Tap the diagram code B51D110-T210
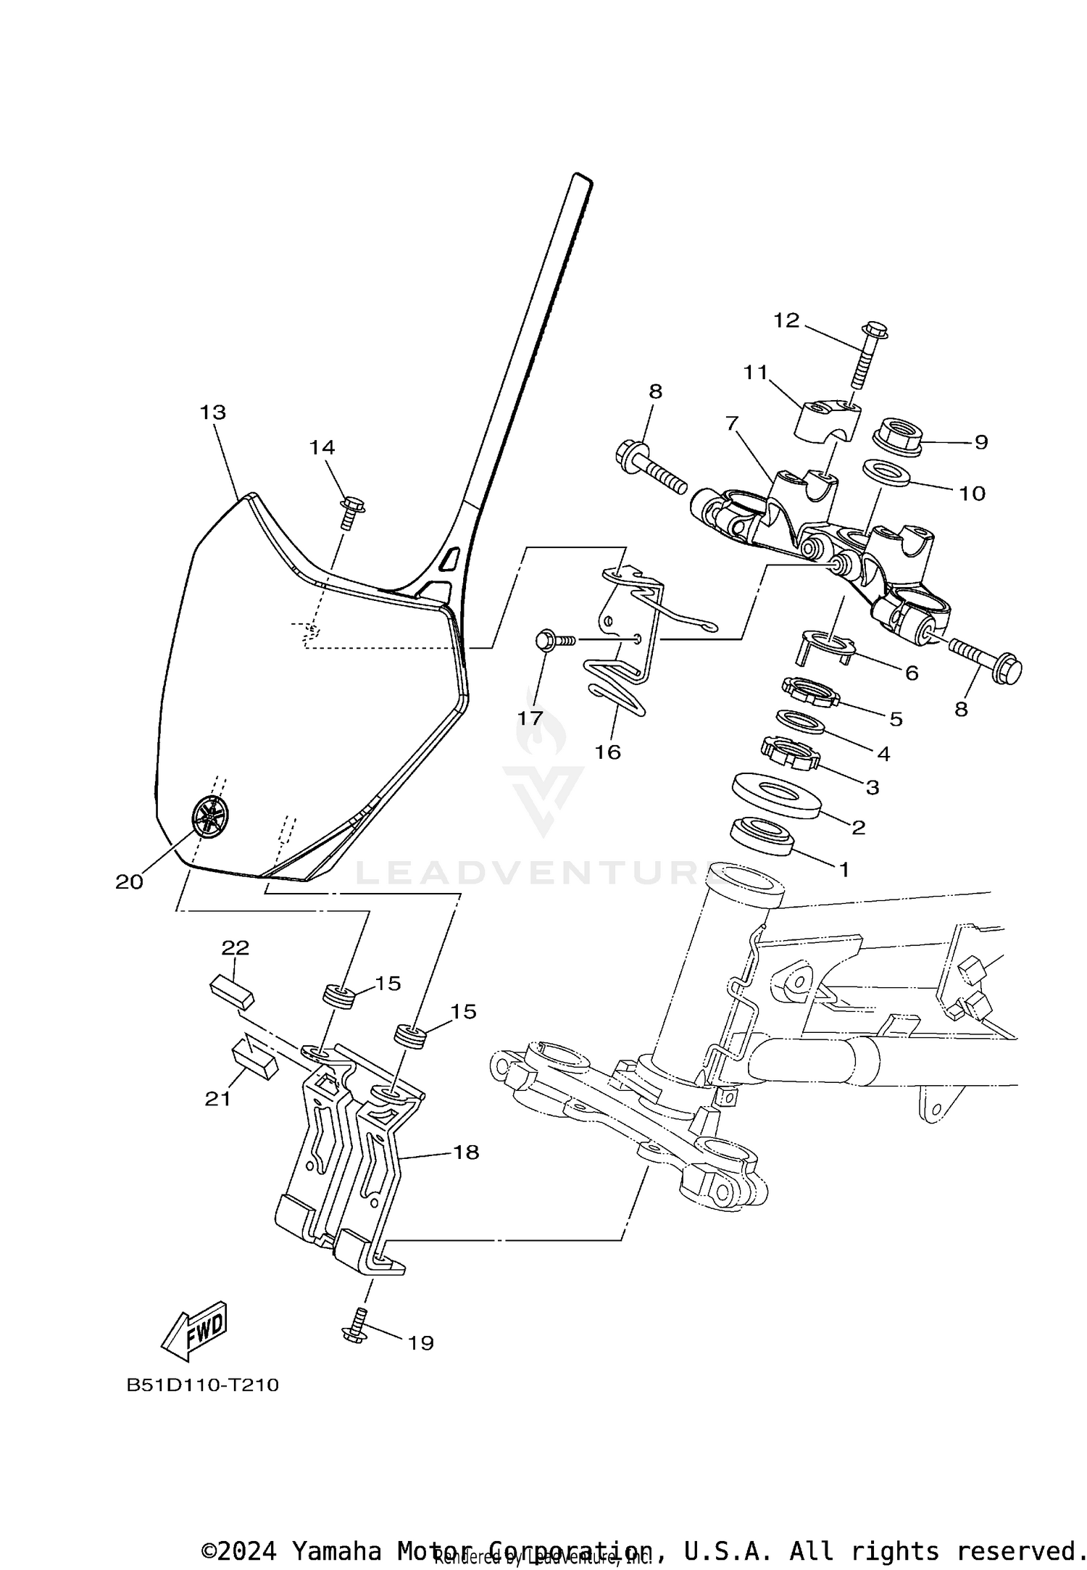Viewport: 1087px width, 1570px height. [x=202, y=1385]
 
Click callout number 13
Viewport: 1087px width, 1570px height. [x=213, y=412]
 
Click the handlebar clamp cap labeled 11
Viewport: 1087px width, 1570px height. [x=827, y=421]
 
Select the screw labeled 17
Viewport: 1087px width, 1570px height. [x=553, y=640]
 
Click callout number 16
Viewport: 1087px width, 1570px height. [x=607, y=752]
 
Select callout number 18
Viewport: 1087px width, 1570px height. [x=466, y=1152]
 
